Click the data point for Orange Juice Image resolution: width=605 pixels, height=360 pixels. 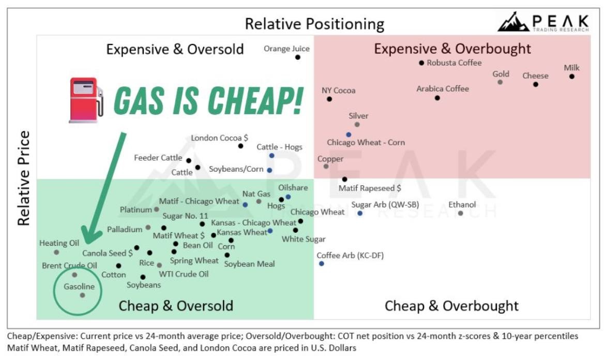pos(298,57)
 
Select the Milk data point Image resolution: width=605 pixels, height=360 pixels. pos(572,77)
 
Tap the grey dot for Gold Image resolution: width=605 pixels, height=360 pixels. pos(500,82)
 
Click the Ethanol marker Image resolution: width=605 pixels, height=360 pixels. pos(460,213)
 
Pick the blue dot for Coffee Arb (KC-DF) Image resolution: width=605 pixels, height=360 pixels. pos(322,264)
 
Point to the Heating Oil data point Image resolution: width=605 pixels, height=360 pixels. pos(56,252)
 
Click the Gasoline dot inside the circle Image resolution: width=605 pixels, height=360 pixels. pos(82,295)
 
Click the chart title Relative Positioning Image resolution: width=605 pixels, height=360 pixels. pos(314,24)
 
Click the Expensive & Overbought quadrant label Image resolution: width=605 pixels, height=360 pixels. pos(452,49)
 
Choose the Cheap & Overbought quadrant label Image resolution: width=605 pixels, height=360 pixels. pos(451,306)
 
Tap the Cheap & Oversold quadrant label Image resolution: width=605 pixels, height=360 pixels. pos(176,306)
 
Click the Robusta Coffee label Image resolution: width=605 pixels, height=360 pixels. pos(454,63)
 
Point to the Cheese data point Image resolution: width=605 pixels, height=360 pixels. pos(536,84)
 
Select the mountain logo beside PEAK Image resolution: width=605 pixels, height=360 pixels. pos(513,22)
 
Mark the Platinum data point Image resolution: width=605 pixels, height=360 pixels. pos(157,209)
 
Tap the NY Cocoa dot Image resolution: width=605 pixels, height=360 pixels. pos(329,99)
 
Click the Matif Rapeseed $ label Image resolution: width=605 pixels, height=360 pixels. pos(370,188)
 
